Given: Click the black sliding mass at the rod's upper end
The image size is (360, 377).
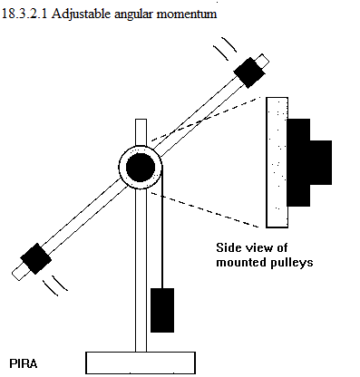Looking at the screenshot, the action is (x=249, y=72).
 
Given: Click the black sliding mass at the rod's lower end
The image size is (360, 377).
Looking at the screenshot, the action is (x=35, y=258).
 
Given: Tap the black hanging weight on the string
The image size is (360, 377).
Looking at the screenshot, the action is (x=162, y=310).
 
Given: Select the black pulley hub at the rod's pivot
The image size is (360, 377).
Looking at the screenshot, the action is (x=141, y=168).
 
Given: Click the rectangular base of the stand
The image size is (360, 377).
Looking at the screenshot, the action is (x=141, y=362).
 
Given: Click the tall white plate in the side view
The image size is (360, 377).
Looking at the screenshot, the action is (x=277, y=162).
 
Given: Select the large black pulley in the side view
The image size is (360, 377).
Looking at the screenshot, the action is (x=298, y=162).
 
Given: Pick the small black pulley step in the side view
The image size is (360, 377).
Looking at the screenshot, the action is (x=321, y=162).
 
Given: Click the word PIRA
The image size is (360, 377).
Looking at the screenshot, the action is (x=24, y=363).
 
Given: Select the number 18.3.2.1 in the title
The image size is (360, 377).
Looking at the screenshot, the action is (x=24, y=14).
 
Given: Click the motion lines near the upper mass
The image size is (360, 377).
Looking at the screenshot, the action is (x=225, y=48).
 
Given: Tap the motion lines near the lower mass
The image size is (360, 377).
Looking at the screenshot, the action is (x=55, y=285).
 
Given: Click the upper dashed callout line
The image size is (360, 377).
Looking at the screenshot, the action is (x=206, y=119).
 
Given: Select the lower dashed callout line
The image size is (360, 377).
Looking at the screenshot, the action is (x=205, y=209).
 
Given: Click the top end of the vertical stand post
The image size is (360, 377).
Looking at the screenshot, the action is (x=141, y=120).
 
